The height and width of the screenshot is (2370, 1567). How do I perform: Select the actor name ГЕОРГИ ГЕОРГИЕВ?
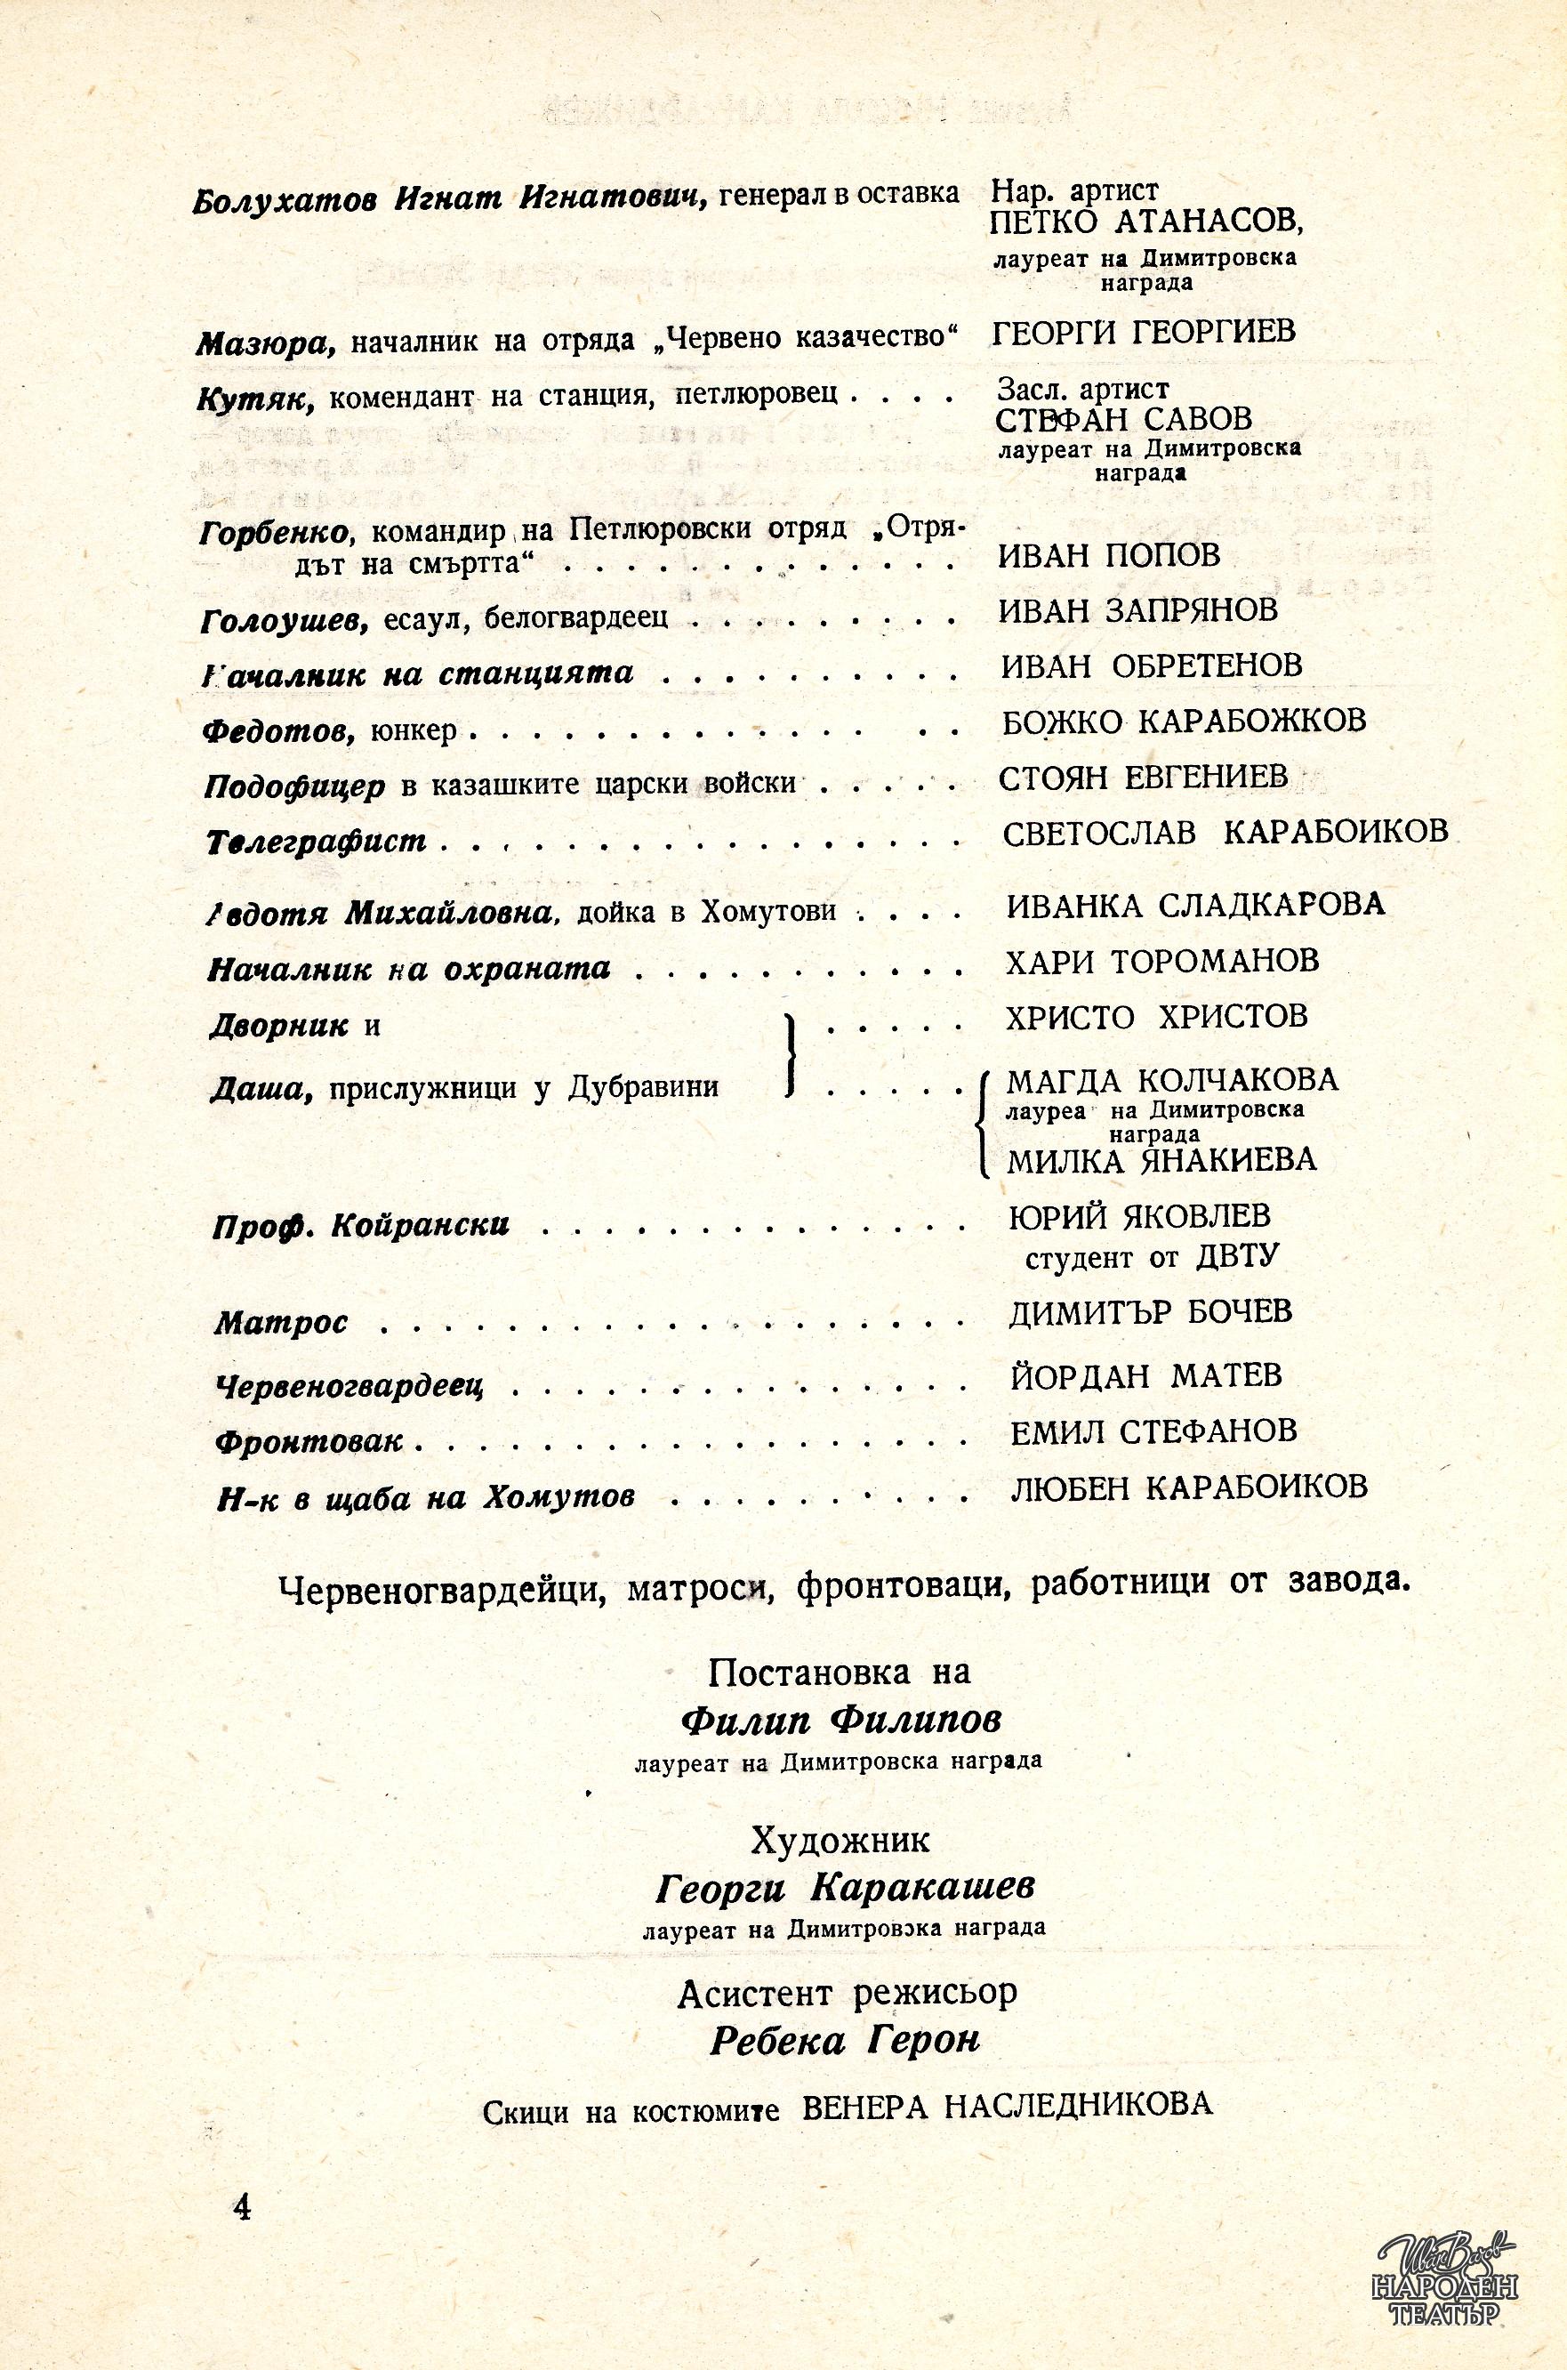tap(1144, 331)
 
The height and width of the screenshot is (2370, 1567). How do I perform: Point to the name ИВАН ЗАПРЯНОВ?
tap(1137, 609)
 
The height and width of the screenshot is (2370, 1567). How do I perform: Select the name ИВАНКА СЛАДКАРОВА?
tap(1195, 904)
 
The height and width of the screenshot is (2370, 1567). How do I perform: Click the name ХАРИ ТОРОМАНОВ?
tap(1162, 961)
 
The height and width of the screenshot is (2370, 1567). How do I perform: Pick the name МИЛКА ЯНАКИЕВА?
tap(1161, 1160)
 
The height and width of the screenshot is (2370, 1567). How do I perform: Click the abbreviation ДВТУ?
tap(1236, 1256)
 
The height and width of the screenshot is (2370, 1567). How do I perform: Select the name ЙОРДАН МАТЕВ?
tap(1145, 1375)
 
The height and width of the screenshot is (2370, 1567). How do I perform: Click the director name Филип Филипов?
tap(840, 1720)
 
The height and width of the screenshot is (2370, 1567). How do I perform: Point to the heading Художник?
tap(840, 1839)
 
